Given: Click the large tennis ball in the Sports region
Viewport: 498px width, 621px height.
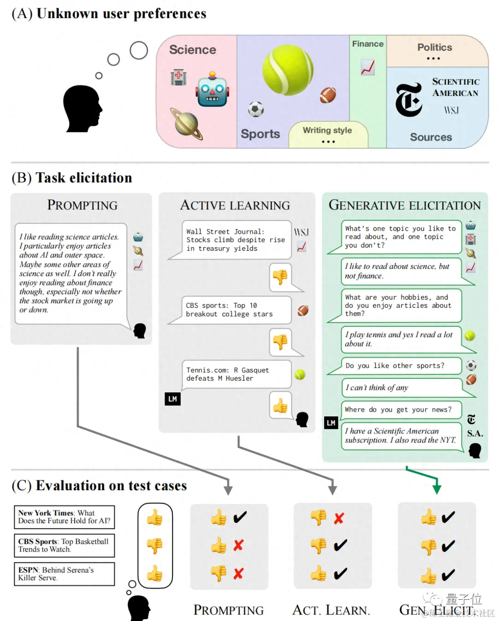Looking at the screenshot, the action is point(288,70).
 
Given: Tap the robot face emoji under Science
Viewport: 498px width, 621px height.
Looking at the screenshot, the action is point(212,90).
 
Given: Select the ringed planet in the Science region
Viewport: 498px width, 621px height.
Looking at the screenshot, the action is point(186,124).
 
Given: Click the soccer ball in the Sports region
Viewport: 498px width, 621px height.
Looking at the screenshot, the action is point(256,109).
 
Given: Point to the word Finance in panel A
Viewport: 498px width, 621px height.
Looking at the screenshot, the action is point(368,44).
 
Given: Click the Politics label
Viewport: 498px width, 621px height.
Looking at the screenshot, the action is point(434,47).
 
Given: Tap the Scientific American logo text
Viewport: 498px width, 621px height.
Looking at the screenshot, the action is point(456,87).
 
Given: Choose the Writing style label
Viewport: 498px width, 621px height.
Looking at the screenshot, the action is point(327,130).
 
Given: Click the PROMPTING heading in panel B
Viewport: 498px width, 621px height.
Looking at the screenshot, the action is point(82,205).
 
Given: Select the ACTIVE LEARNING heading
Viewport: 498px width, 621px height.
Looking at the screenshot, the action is point(235,205).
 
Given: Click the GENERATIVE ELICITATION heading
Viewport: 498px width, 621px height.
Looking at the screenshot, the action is point(404,205).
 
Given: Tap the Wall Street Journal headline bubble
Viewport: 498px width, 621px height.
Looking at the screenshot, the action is point(235,240).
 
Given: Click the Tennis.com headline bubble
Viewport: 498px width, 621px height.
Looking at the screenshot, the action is point(235,374).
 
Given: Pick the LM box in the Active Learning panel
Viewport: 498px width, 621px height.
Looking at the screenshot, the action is point(172,399).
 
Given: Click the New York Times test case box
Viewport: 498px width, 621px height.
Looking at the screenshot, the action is point(64,517).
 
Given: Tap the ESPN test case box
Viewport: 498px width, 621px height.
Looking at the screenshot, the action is point(64,574).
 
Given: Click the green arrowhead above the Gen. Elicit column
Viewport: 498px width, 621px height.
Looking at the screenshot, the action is point(437,488).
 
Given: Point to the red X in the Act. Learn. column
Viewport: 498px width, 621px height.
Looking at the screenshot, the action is point(339,518).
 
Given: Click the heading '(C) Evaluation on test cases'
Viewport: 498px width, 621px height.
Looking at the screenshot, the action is point(99,486).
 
